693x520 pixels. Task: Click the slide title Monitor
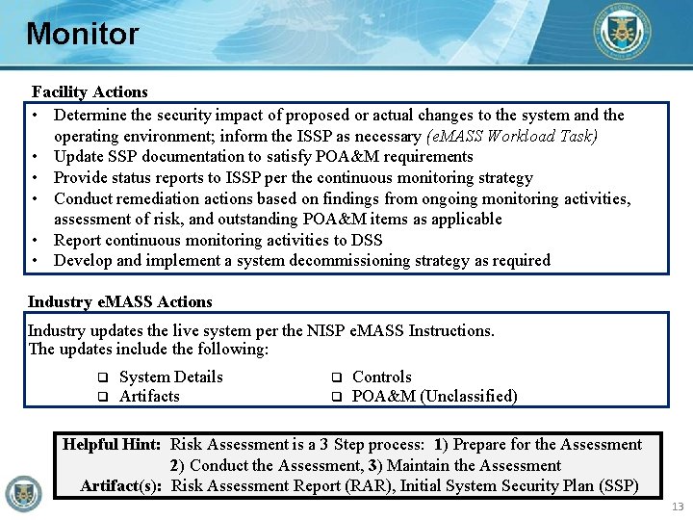(82, 34)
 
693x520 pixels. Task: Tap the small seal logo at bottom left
(23, 493)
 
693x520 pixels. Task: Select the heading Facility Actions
(90, 92)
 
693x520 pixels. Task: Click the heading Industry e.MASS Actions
(120, 301)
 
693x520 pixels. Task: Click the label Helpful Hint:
(112, 445)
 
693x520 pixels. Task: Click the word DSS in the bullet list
(368, 240)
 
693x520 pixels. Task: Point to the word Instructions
(451, 330)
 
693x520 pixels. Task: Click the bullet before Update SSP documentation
(35, 157)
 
